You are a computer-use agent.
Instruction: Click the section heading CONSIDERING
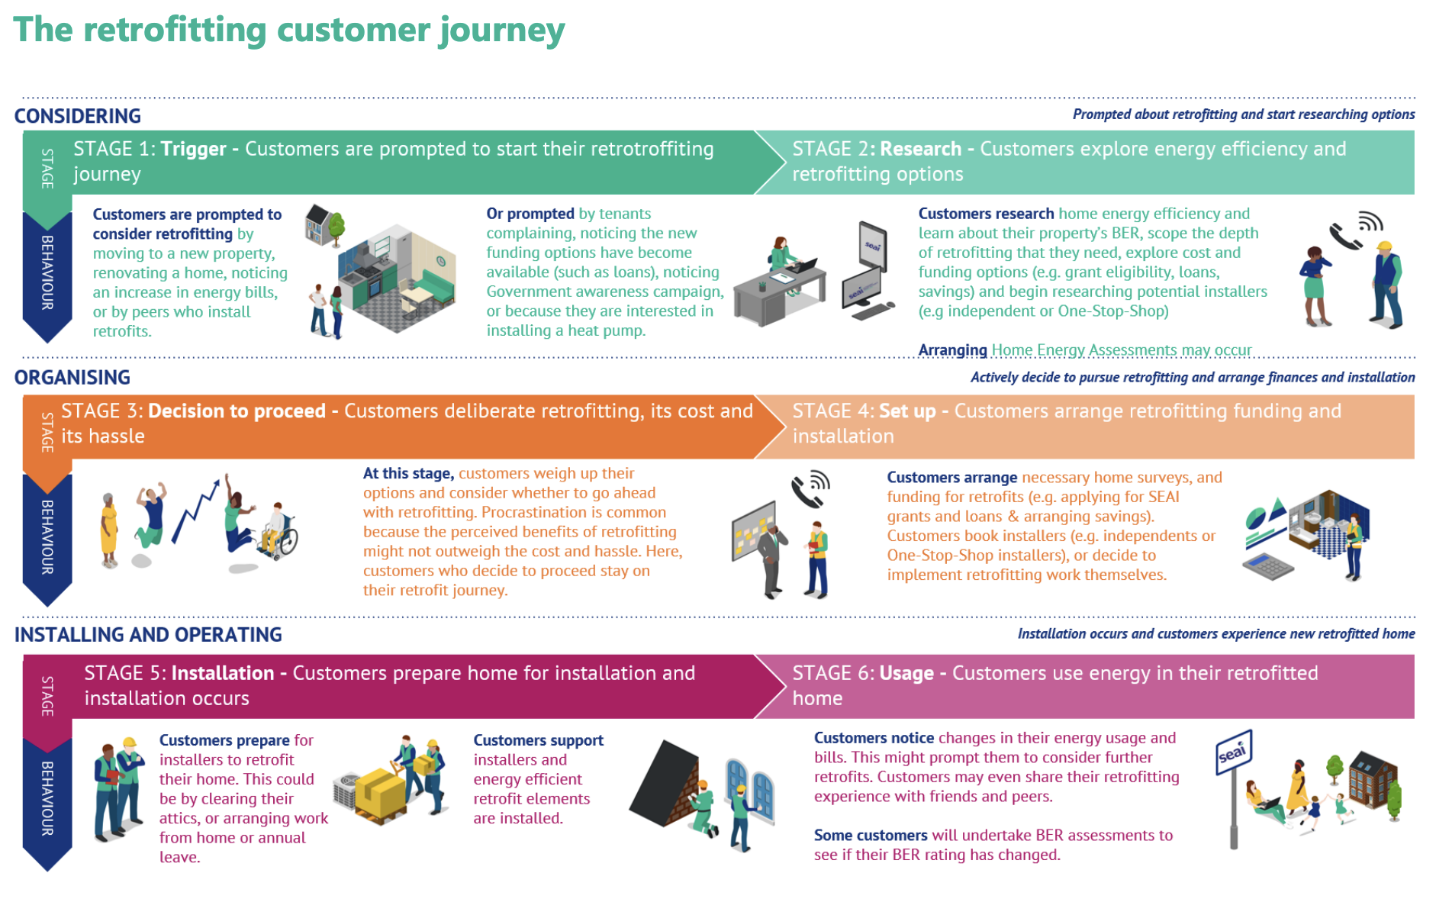pos(78,116)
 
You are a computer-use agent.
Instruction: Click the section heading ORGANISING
pos(72,378)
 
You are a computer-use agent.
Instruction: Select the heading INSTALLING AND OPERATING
pos(148,635)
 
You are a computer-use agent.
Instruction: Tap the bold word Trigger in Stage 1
pos(193,149)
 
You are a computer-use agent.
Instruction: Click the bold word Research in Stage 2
pos(920,149)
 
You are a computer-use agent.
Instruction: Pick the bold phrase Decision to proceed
pos(237,411)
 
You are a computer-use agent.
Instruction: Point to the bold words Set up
pos(907,412)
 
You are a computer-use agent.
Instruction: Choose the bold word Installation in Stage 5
pos(223,673)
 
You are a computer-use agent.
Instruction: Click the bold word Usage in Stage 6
pos(906,674)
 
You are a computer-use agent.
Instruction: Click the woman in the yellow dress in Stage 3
pos(109,530)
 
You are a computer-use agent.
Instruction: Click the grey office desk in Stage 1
pos(779,291)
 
